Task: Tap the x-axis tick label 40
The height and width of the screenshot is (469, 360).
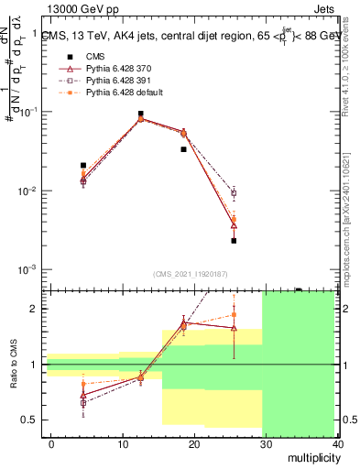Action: [338, 444]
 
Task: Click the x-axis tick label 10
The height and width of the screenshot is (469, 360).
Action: [123, 444]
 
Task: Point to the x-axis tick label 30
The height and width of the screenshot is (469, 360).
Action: [267, 444]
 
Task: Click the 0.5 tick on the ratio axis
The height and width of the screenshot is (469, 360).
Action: [29, 420]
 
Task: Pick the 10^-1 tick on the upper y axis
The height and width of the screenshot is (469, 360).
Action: [27, 112]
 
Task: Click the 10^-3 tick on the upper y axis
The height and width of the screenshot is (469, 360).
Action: [27, 270]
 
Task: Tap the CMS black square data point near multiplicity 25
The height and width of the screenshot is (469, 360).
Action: [234, 241]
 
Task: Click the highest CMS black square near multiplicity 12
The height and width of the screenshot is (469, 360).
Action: [140, 114]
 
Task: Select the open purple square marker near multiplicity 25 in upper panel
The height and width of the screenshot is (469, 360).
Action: [234, 193]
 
